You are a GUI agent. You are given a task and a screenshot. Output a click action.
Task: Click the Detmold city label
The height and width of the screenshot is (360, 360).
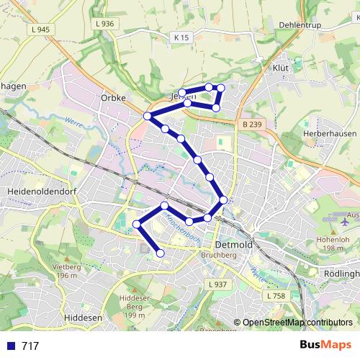234,245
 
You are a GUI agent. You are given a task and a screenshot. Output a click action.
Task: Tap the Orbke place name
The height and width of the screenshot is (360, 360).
113,98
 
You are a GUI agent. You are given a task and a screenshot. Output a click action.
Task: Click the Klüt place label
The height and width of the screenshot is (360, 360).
279,68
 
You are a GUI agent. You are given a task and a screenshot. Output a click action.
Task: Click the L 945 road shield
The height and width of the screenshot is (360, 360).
40,30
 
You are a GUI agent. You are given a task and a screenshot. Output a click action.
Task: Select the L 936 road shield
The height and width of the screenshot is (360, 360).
104,24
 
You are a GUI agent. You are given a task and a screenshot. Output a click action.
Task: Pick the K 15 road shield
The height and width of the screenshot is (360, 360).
181,37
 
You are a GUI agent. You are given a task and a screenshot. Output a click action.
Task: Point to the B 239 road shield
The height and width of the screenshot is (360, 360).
252,125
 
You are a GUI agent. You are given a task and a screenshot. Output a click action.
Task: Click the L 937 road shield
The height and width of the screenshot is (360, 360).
217,284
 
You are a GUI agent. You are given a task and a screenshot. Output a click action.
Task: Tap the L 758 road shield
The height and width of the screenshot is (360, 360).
276,296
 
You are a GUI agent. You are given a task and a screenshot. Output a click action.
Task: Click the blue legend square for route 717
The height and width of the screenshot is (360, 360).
9,346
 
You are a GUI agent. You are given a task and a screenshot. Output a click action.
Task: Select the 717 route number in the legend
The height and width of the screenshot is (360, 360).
30,346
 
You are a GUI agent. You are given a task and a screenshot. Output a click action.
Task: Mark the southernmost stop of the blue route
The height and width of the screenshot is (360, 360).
161,253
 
